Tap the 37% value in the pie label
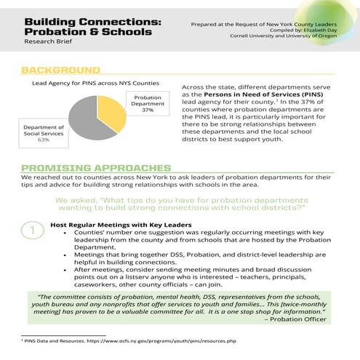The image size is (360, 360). click(148, 111)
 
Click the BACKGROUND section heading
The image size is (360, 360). click(60, 71)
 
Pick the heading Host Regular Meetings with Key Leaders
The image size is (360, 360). click(120, 224)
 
